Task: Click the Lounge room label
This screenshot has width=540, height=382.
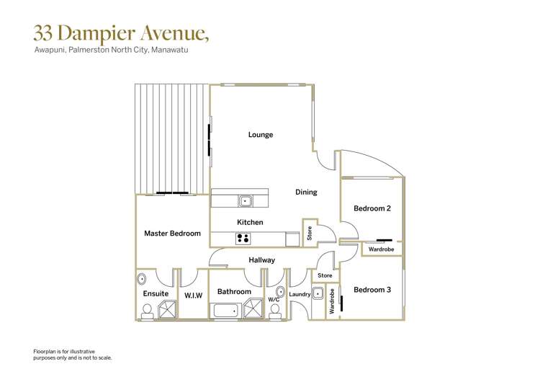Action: tap(260, 135)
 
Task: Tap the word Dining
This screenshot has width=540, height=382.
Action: tap(306, 192)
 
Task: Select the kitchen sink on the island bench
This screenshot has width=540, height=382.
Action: tap(246, 201)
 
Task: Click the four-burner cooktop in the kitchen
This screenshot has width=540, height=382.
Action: tap(243, 239)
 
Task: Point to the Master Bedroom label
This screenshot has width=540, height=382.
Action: tap(172, 234)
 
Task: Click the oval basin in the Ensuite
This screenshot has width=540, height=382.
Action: tap(142, 279)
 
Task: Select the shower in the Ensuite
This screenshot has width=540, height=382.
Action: tap(166, 310)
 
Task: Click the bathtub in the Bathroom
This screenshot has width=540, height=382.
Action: tap(226, 311)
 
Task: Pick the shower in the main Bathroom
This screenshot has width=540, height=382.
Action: tap(253, 310)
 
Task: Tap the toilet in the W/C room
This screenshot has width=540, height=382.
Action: tap(274, 310)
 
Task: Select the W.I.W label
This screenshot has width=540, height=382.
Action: tap(193, 296)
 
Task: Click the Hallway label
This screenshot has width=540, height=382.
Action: tap(261, 260)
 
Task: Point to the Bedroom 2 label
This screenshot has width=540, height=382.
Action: tap(372, 208)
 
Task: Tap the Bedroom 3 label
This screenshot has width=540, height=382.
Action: tap(372, 290)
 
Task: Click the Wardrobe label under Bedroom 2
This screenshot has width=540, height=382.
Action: tap(380, 249)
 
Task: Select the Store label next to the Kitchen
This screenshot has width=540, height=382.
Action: tap(310, 233)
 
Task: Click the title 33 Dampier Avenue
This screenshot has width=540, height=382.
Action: tap(121, 33)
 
